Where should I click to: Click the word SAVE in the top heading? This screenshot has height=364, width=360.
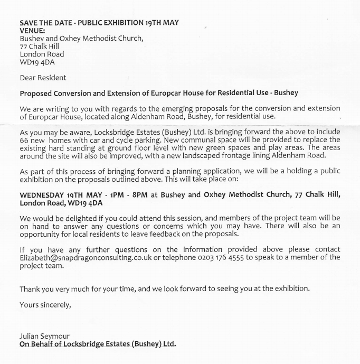pos(29,23)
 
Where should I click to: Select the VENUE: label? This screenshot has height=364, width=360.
pos(33,31)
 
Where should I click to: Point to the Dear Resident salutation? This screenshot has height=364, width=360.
pos(43,78)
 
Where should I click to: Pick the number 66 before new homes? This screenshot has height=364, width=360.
pos(24,140)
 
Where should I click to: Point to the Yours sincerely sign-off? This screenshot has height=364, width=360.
pos(45,304)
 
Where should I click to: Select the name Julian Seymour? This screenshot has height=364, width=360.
pos(44,336)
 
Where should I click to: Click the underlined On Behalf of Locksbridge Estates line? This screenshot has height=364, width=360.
pos(98,344)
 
